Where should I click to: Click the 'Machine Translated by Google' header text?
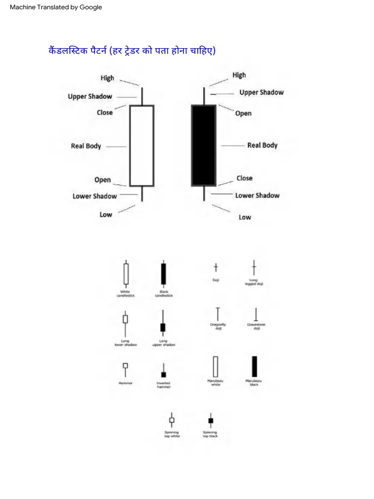click(x=56, y=7)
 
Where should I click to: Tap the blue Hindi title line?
click(x=131, y=51)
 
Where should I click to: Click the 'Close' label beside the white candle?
click(x=105, y=113)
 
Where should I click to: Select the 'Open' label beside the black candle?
click(x=243, y=114)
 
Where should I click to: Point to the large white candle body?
click(x=142, y=146)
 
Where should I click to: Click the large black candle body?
click(x=204, y=145)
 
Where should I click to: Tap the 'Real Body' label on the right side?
click(x=262, y=145)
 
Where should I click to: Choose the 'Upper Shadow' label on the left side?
click(x=90, y=96)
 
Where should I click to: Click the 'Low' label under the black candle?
click(x=245, y=217)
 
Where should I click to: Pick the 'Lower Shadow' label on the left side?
click(x=95, y=196)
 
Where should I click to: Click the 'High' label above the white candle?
click(x=107, y=78)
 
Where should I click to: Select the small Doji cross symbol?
click(x=216, y=268)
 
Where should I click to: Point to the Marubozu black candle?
click(x=254, y=366)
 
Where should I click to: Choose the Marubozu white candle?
click(x=215, y=366)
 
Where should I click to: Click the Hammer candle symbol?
click(x=126, y=368)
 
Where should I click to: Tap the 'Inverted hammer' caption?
click(x=164, y=384)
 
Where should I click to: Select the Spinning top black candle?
click(x=210, y=420)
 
